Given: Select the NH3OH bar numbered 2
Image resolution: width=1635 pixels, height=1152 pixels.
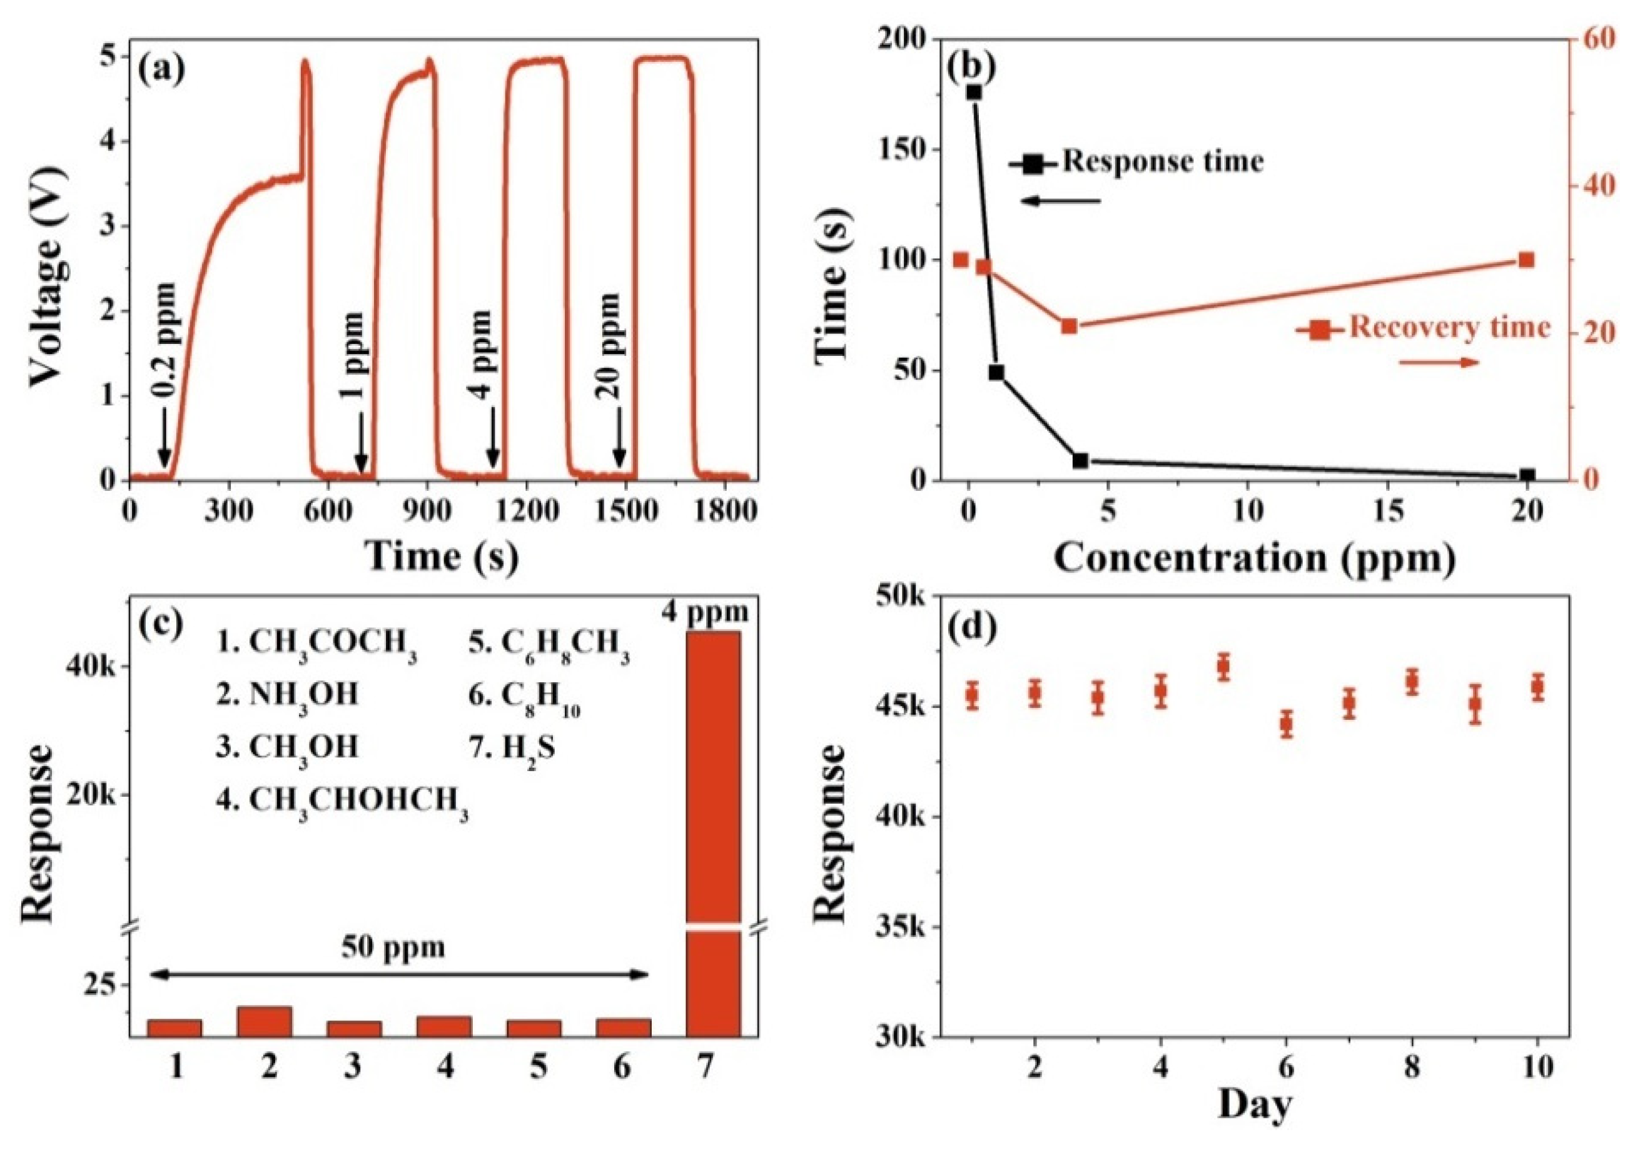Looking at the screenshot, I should [x=265, y=1021].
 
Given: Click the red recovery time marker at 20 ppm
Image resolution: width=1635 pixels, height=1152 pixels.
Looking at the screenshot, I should [x=1526, y=260].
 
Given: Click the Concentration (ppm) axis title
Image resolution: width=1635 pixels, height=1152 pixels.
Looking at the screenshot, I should [x=1254, y=559].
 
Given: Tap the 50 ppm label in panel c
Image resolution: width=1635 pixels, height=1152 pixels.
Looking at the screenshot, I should [x=393, y=947].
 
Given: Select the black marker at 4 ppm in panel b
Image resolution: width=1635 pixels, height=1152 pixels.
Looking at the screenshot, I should [x=1080, y=461].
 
